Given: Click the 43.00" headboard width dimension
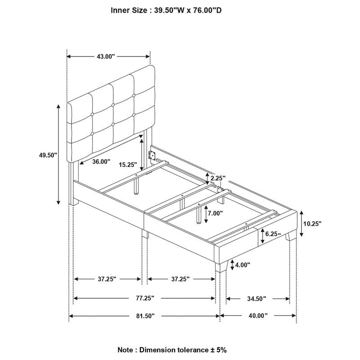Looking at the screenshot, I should [105, 56].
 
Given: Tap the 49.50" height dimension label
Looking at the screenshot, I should [48, 155].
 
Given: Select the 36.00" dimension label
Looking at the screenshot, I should [102, 162].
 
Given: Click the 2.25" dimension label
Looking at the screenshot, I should [218, 178].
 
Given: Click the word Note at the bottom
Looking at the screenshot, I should [126, 349].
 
